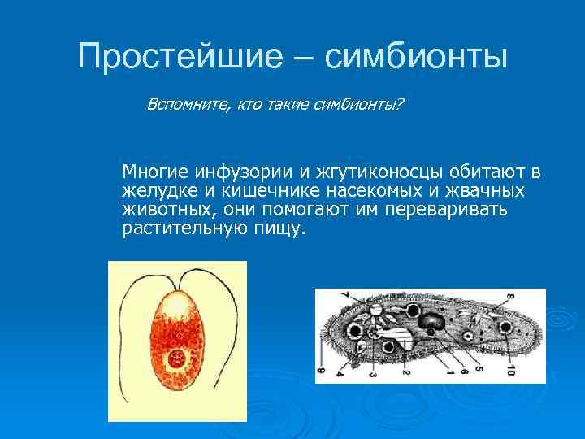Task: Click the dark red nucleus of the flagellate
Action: [x=175, y=359]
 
